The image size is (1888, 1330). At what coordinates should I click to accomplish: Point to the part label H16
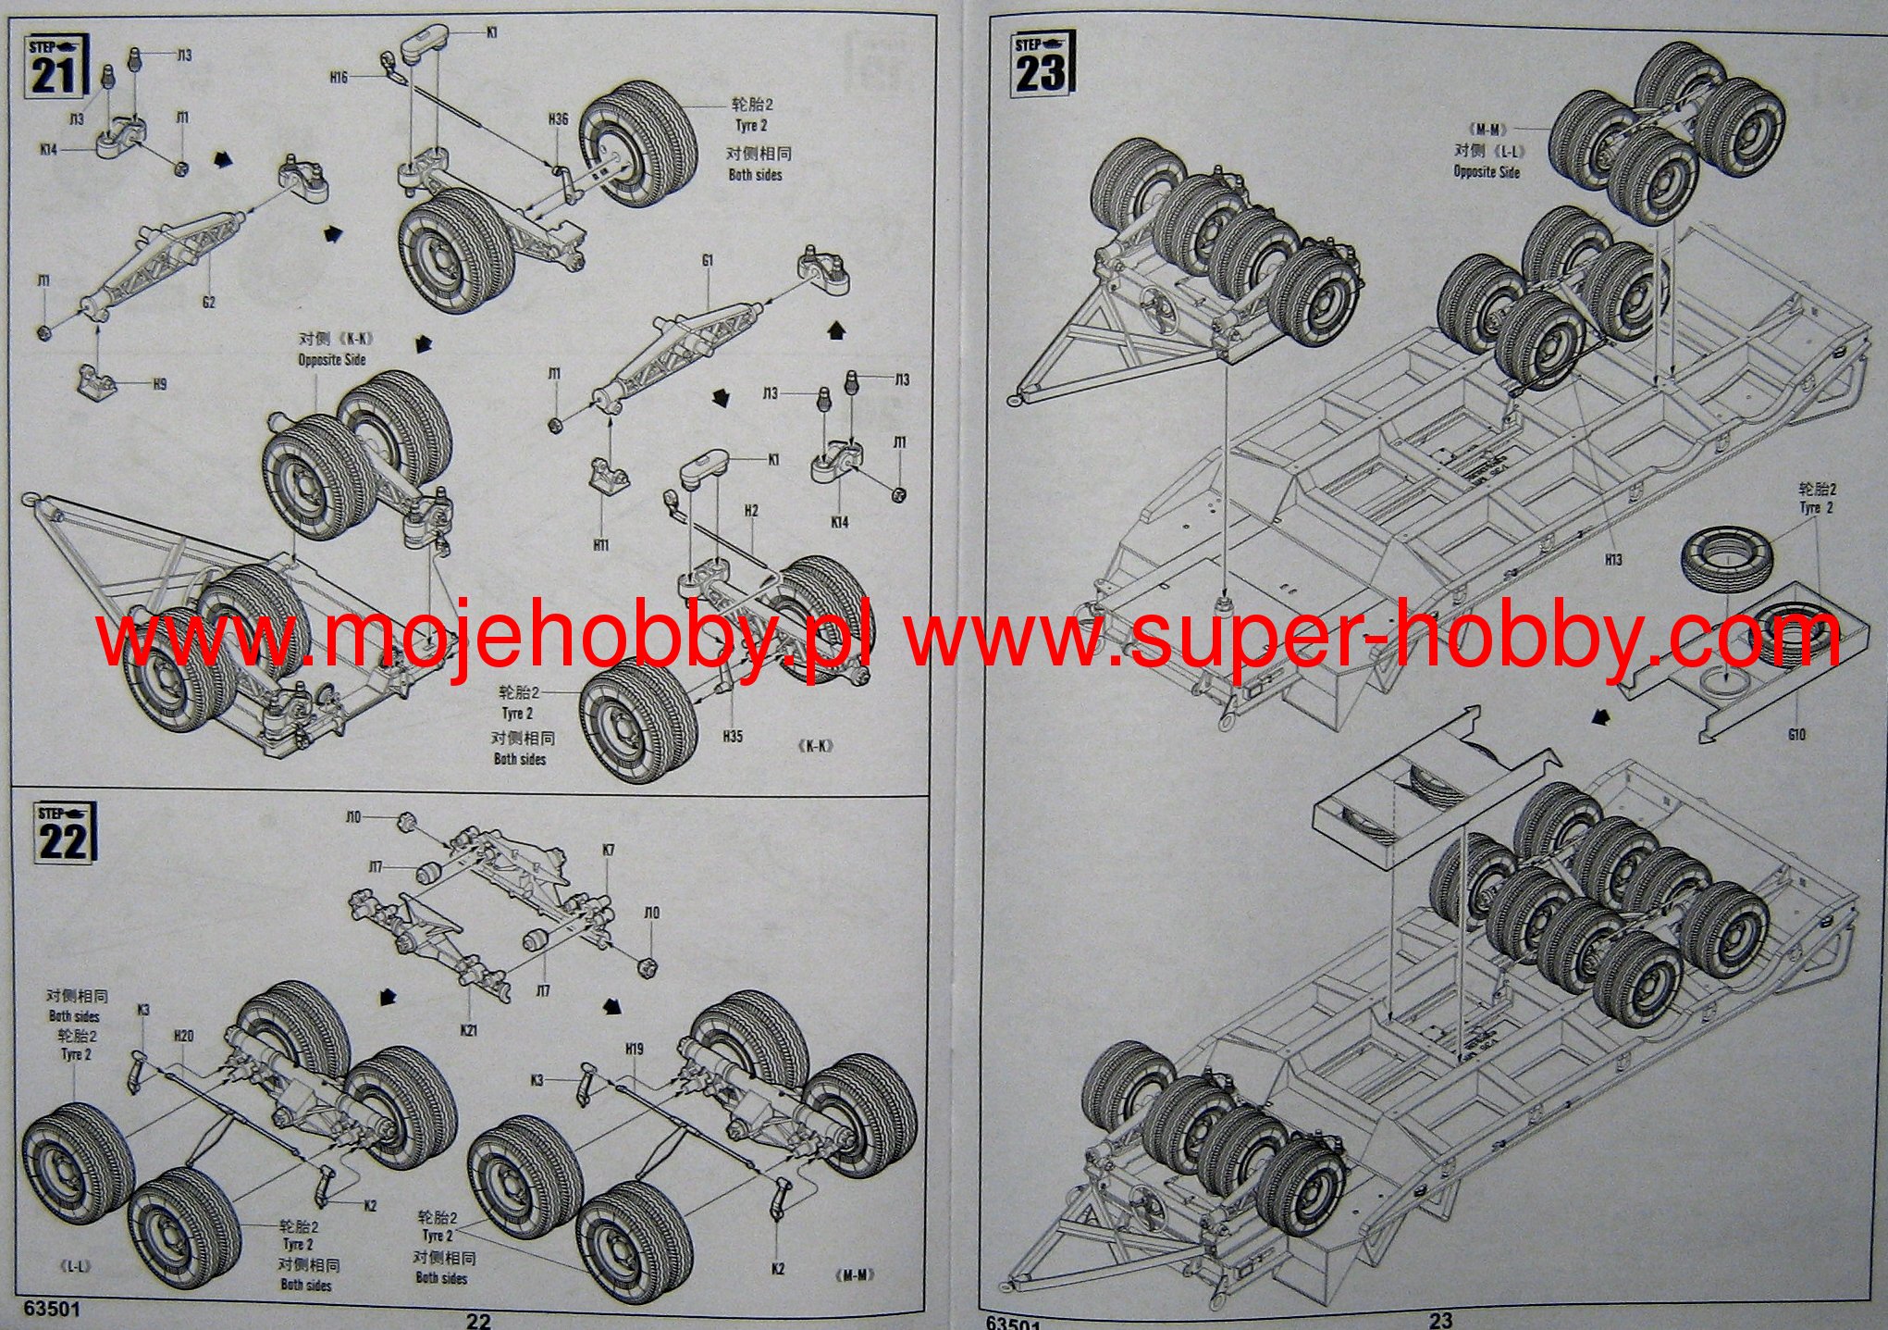click(338, 79)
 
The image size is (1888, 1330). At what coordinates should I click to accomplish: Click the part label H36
click(558, 118)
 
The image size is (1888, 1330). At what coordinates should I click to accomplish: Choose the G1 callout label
click(707, 261)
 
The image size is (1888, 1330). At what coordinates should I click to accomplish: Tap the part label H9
click(160, 383)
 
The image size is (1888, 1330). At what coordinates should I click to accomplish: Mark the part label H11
click(601, 545)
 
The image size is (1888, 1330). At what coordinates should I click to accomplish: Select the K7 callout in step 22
click(608, 850)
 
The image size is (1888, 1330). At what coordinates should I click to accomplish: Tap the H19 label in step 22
click(634, 1049)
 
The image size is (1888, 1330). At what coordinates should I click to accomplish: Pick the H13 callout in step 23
click(1613, 560)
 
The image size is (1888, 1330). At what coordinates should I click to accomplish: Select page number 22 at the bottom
click(478, 1321)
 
